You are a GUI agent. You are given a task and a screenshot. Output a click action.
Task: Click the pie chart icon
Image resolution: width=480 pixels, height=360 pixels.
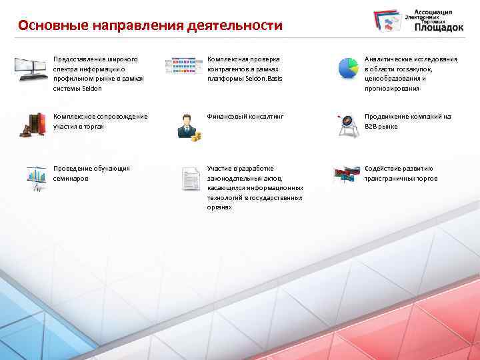347,67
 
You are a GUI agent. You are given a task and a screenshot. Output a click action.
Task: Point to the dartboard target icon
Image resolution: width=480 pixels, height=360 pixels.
347,125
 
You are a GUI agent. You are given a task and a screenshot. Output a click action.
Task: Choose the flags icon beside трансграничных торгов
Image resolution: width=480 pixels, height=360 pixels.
347,175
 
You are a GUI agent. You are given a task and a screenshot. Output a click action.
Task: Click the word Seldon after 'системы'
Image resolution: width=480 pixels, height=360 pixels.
92,89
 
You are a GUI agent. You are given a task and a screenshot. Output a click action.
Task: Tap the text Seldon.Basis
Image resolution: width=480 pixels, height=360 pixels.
264,79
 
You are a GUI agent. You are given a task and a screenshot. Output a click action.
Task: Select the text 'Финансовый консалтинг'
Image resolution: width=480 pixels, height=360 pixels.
245,117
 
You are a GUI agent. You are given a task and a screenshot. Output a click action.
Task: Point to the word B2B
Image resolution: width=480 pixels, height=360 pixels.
372,127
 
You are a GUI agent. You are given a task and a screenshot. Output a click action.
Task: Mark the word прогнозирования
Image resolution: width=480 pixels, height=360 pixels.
392,89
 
